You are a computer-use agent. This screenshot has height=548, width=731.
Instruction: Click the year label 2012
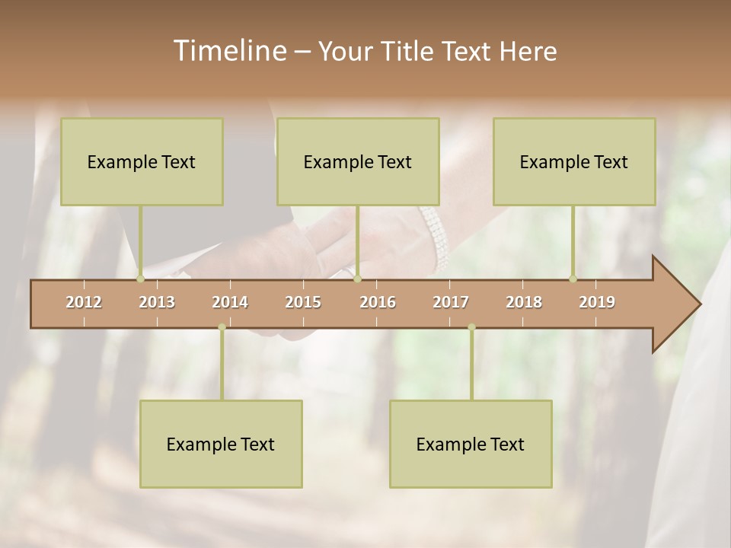coord(84,302)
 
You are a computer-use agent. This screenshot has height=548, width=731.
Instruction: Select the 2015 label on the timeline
coord(303,302)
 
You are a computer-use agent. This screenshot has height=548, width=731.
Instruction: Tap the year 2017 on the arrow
coord(451,302)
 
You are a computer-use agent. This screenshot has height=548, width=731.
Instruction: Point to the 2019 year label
coord(597,302)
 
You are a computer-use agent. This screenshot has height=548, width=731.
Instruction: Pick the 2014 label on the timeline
coord(230,302)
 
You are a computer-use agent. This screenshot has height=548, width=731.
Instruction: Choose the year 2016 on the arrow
coord(378,302)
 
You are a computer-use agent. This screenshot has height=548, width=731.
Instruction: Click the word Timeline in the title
coord(228,51)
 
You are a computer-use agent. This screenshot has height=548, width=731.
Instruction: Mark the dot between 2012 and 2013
coord(140,279)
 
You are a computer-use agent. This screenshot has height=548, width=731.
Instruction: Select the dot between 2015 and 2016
coord(357,279)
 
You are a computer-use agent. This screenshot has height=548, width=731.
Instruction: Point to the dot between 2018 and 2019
coord(573,279)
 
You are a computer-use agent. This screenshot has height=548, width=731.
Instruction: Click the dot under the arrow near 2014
coord(222,327)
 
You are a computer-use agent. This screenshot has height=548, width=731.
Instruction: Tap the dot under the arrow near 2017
coord(471,327)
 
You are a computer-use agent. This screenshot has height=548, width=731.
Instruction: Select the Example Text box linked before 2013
coord(142,161)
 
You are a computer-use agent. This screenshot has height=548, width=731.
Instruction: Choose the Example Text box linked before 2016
coord(358,161)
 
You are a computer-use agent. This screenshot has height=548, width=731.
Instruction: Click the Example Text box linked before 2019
coord(574,161)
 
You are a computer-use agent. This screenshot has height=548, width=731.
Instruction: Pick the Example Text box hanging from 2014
coord(221,444)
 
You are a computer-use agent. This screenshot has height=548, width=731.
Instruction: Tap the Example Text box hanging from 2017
coord(471,444)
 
